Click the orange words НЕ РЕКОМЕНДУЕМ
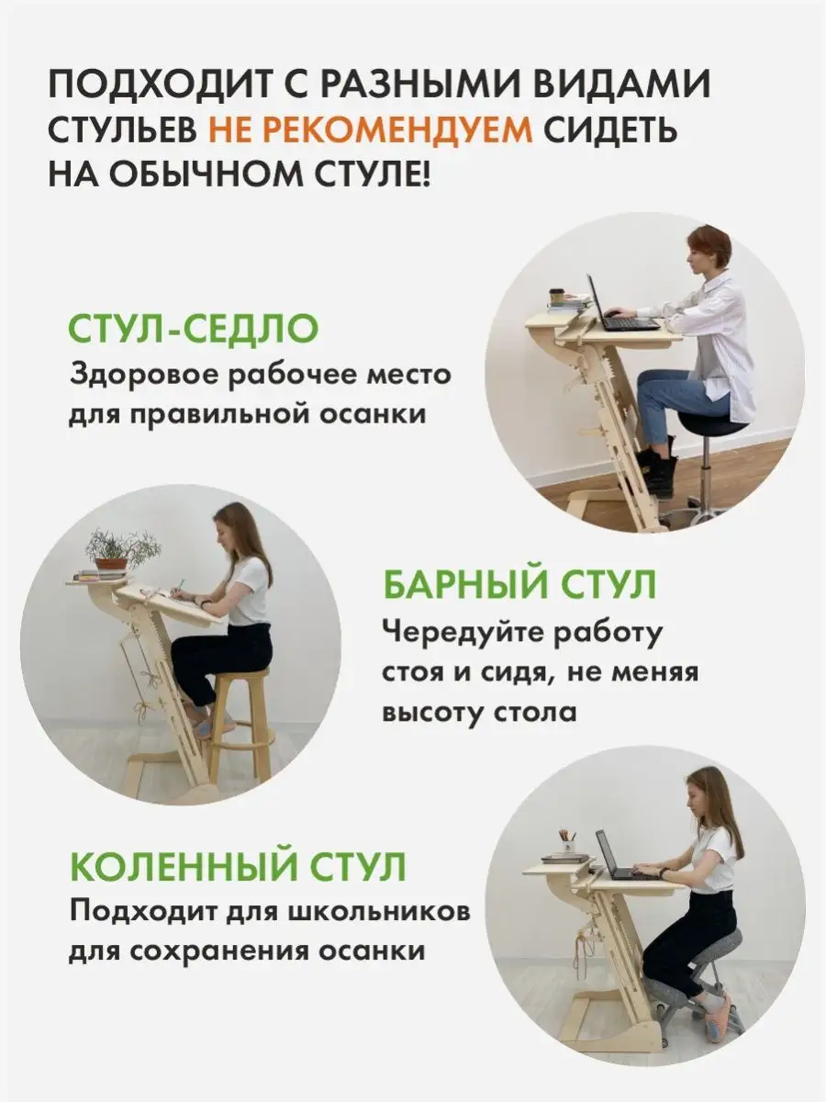click(370, 129)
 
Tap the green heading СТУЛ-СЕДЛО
click(194, 329)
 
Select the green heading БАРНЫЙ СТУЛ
click(519, 584)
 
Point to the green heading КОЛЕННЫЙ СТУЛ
click(238, 867)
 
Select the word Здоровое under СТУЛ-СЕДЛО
click(144, 376)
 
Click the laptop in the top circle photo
click(623, 309)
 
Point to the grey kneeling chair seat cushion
click(713, 942)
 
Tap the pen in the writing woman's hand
click(179, 587)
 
